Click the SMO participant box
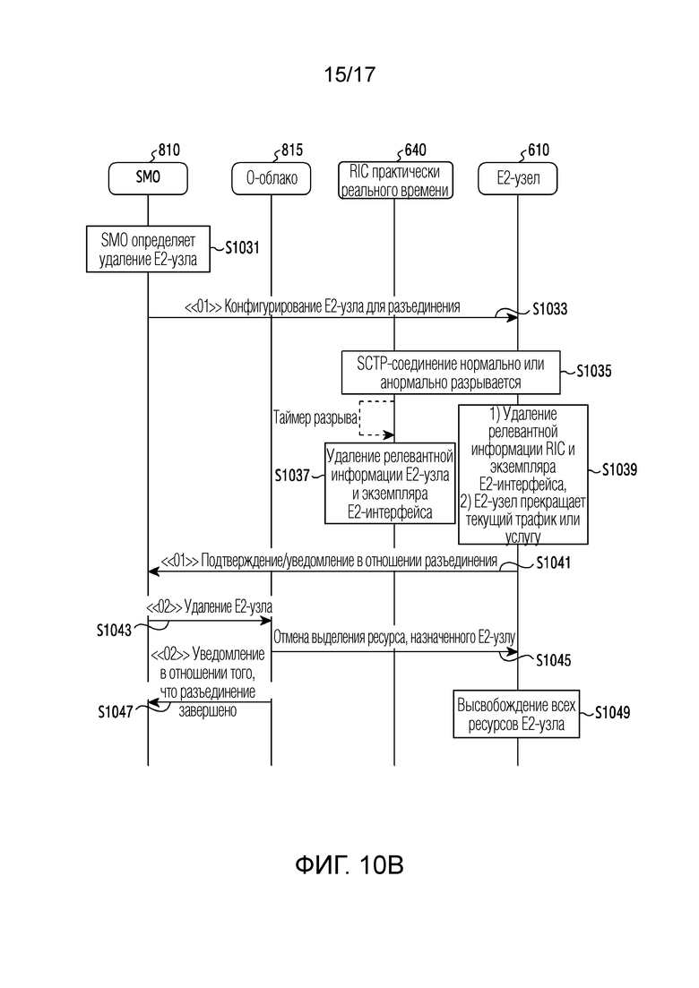pyautogui.click(x=148, y=178)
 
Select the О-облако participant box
pyautogui.click(x=271, y=178)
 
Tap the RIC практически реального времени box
pyautogui.click(x=394, y=181)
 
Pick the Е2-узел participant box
pyautogui.click(x=518, y=178)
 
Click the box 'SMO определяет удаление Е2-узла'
pyautogui.click(x=148, y=250)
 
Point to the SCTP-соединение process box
pyautogui.click(x=451, y=373)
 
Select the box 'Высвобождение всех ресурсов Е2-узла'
pyautogui.click(x=516, y=714)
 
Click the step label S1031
pyautogui.click(x=242, y=247)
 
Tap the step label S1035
pyautogui.click(x=594, y=371)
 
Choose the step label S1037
pyautogui.click(x=292, y=475)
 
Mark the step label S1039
pyautogui.click(x=619, y=469)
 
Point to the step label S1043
pyautogui.click(x=114, y=630)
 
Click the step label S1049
pyautogui.click(x=613, y=713)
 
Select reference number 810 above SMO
pyautogui.click(x=168, y=150)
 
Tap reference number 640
pyautogui.click(x=415, y=150)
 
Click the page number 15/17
pyautogui.click(x=349, y=74)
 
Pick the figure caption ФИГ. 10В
pyautogui.click(x=349, y=865)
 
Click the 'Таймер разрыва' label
pyautogui.click(x=315, y=417)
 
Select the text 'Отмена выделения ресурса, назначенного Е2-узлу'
pyautogui.click(x=394, y=638)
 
